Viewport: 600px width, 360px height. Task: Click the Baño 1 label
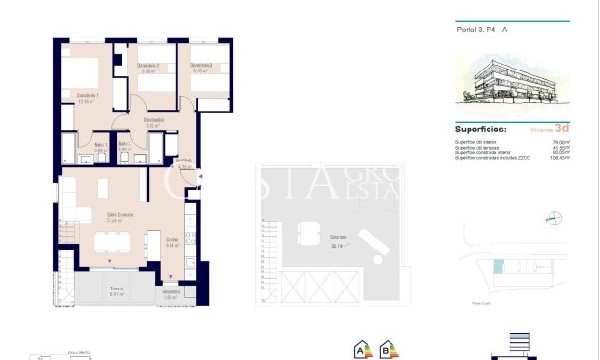pos(100,145)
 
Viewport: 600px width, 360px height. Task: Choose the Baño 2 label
pos(125,145)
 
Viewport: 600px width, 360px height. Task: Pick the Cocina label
pos(172,240)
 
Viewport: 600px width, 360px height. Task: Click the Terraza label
pos(116,290)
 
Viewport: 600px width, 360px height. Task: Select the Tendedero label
pos(171,291)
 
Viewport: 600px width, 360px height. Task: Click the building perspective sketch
pos(512,81)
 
